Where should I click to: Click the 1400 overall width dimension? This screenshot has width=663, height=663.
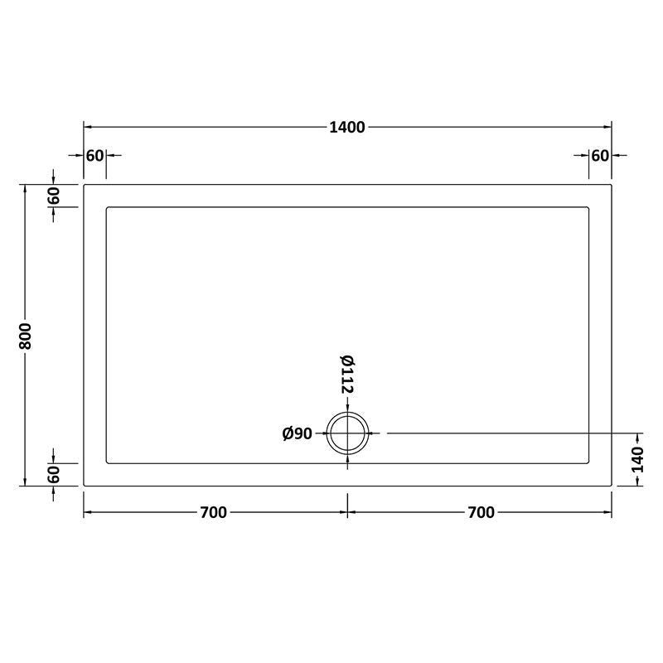click(347, 127)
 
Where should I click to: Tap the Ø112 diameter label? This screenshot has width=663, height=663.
click(347, 375)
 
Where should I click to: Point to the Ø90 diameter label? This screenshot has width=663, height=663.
click(297, 433)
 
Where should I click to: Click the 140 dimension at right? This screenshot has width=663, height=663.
click(637, 459)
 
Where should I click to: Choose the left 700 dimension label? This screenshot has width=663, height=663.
click(213, 512)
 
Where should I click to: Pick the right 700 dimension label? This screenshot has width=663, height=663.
click(481, 512)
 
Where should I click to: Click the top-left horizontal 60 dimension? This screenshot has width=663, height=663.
click(94, 155)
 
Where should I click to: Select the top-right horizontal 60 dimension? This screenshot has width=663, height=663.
click(600, 155)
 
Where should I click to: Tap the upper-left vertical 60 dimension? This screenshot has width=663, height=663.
click(54, 196)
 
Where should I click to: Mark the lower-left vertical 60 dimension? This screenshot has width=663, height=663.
click(54, 475)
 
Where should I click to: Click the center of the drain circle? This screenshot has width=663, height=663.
click(347, 433)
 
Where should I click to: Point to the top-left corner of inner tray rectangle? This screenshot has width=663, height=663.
click(107, 207)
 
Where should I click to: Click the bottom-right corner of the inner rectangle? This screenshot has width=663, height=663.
click(588, 462)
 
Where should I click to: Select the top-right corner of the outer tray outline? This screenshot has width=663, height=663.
click(612, 185)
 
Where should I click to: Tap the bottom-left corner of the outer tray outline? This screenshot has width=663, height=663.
click(84, 486)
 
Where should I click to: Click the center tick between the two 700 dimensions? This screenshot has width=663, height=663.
click(347, 512)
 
